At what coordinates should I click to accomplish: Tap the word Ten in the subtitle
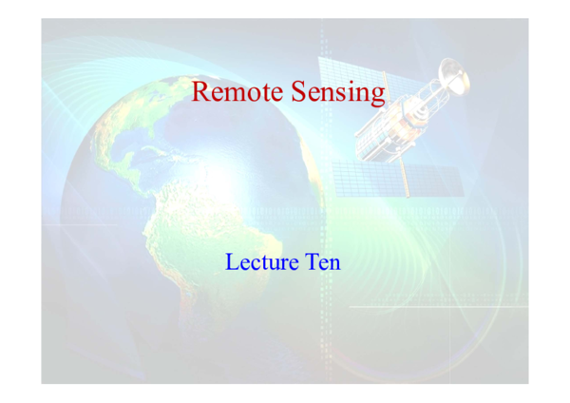[x=319, y=261]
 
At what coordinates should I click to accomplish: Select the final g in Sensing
[x=377, y=96]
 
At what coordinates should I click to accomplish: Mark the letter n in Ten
[x=332, y=263]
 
